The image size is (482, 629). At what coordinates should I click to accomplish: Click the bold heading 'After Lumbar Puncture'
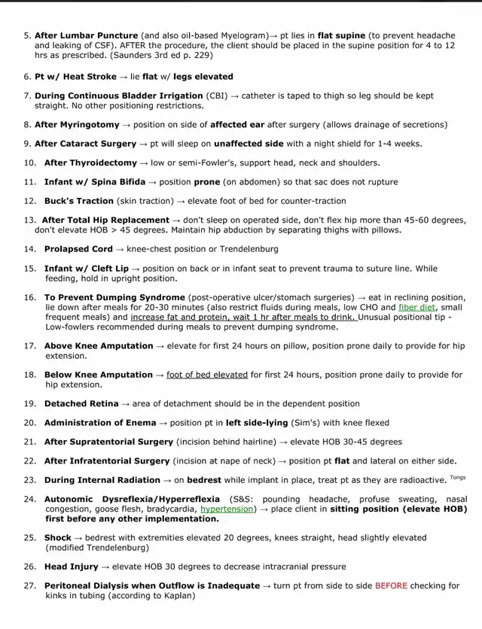pyautogui.click(x=86, y=35)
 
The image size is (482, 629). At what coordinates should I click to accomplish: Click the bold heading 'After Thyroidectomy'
pyautogui.click(x=90, y=163)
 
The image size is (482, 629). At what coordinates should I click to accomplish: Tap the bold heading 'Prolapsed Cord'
pyautogui.click(x=78, y=249)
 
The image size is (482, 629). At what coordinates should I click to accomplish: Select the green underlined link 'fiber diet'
pyautogui.click(x=418, y=308)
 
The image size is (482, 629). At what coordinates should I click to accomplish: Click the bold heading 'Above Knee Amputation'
pyautogui.click(x=99, y=346)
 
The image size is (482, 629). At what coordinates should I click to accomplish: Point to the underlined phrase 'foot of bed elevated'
pyautogui.click(x=207, y=375)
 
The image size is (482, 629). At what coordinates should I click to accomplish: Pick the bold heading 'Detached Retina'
pyautogui.click(x=81, y=404)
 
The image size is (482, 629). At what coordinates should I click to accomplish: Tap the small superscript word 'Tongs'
pyautogui.click(x=458, y=477)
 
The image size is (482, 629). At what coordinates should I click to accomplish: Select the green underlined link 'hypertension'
pyautogui.click(x=226, y=509)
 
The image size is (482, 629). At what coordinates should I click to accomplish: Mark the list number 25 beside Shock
pyautogui.click(x=29, y=538)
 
